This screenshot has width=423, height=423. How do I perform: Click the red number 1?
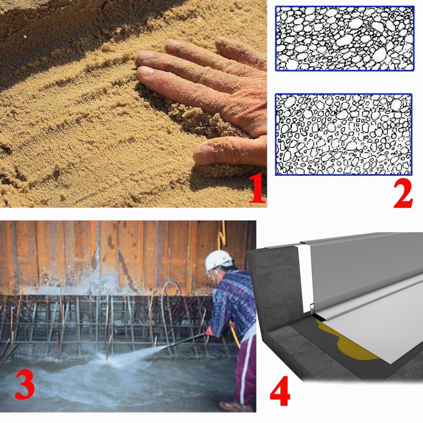coord(257,188)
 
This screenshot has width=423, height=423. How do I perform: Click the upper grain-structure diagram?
coord(345,38)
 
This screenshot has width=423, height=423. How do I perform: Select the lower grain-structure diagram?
coord(343,134)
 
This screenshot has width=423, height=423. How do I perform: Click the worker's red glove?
coord(209,331)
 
